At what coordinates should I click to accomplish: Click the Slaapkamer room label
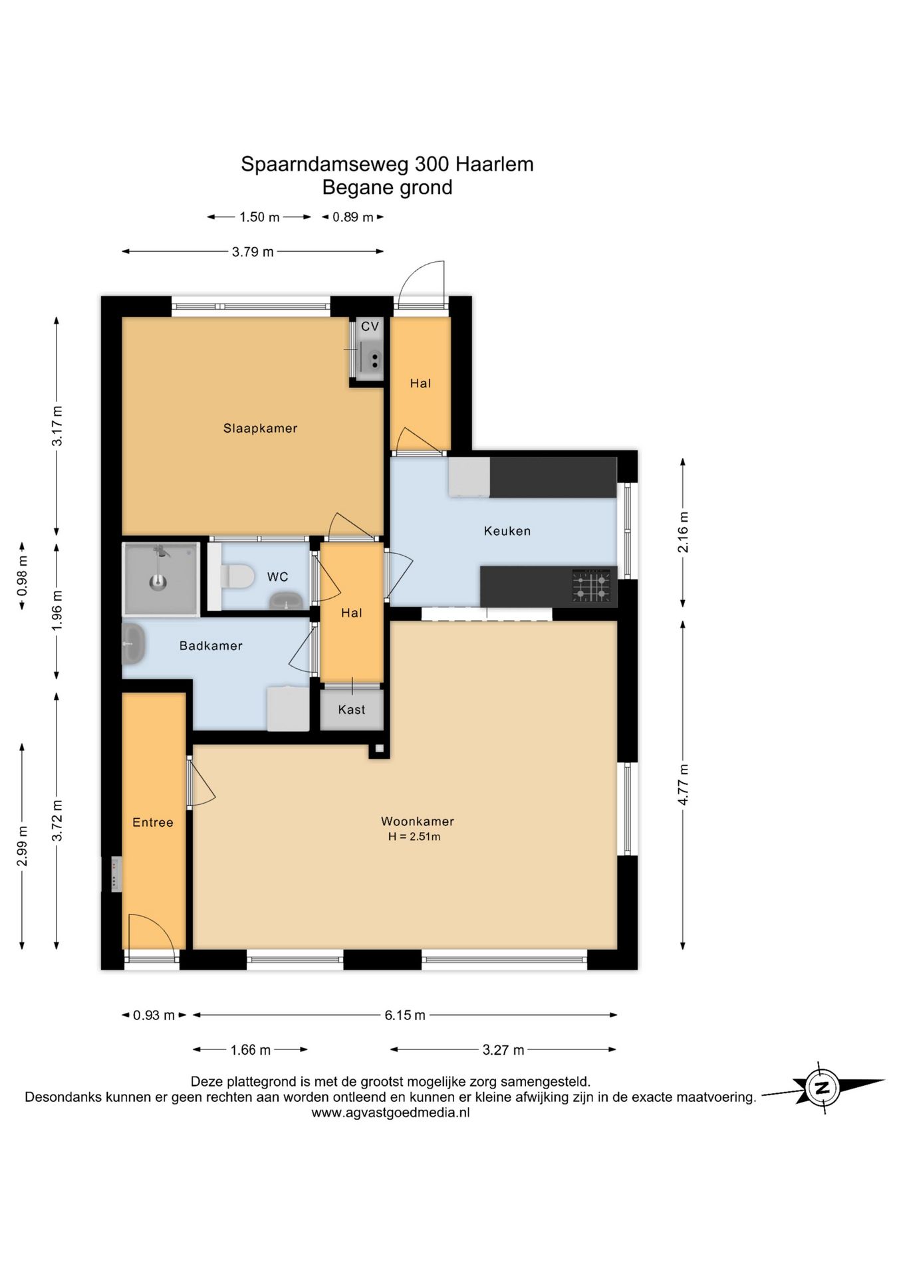(x=260, y=429)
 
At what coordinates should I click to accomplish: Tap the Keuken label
(x=507, y=531)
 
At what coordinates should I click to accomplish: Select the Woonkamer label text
(x=418, y=821)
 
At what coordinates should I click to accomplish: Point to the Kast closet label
(x=352, y=710)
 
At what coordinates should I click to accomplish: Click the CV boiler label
(x=370, y=326)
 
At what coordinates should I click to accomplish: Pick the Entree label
(x=153, y=823)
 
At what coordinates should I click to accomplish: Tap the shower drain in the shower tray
(x=158, y=583)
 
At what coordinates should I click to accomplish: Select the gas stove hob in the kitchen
(x=591, y=585)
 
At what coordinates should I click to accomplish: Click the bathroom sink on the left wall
(x=133, y=644)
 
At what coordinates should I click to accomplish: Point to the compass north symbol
(x=823, y=1088)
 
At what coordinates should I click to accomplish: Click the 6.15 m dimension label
(x=405, y=1015)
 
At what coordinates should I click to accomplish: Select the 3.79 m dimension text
(x=253, y=252)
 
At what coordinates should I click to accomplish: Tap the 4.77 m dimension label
(x=683, y=785)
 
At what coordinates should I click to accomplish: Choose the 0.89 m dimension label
(x=353, y=217)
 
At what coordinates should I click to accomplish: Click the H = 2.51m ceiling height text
(x=414, y=837)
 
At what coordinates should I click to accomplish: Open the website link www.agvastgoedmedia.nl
(x=391, y=1113)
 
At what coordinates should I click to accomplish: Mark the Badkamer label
(x=211, y=646)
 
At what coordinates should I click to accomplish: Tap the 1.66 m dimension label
(x=251, y=1050)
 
